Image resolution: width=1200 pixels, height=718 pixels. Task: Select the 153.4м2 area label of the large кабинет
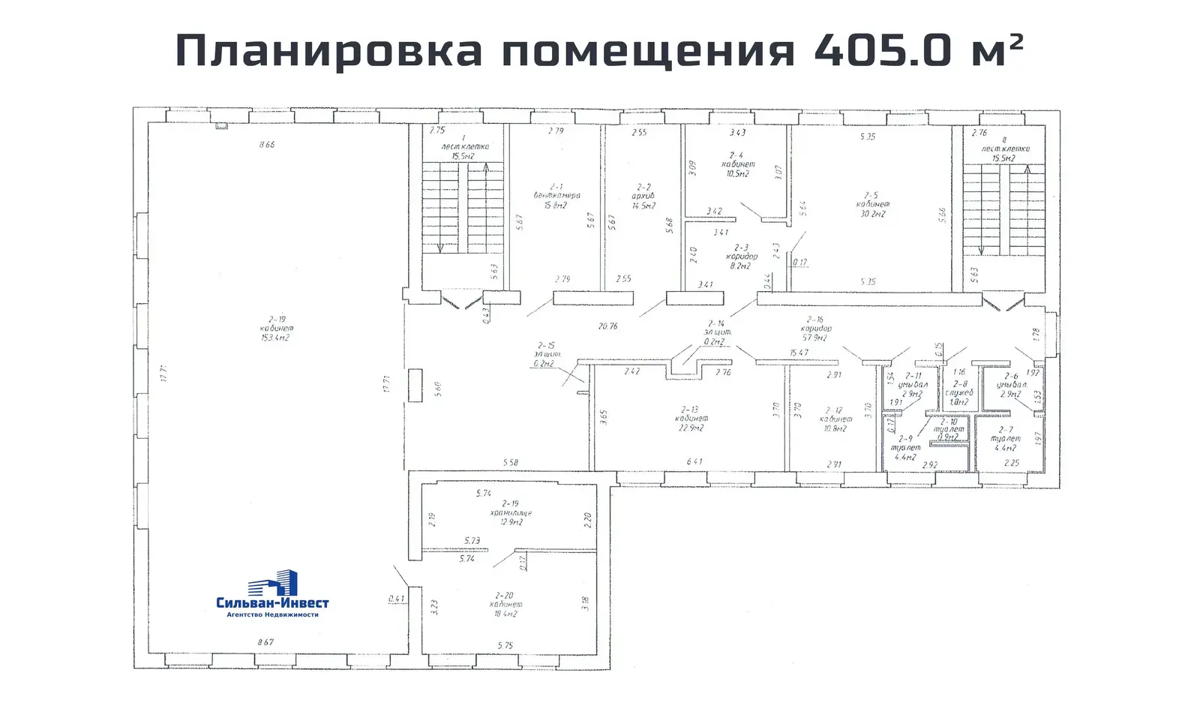(275, 338)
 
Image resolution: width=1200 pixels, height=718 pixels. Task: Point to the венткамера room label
(556, 196)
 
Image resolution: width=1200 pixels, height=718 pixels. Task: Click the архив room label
(643, 196)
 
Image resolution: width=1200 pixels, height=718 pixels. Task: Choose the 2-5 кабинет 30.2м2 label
(872, 204)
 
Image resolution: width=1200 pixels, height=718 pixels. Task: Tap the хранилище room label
(511, 513)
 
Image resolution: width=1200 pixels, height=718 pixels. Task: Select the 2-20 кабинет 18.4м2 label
(505, 604)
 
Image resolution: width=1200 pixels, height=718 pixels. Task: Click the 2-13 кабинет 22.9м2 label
(691, 419)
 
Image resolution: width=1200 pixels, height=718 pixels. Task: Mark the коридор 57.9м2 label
(815, 329)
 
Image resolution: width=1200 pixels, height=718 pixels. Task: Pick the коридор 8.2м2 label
(741, 256)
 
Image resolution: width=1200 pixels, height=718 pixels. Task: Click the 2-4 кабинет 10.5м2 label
(738, 164)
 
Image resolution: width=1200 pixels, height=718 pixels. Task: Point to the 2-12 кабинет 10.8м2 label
(835, 419)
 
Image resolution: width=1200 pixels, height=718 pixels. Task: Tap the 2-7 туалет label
(1005, 439)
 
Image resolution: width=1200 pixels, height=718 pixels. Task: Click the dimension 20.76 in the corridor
(608, 326)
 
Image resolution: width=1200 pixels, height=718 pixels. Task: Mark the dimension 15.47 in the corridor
(799, 353)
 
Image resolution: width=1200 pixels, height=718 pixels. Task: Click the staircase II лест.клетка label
(1005, 149)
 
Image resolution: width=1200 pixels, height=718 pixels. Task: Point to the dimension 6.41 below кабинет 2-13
(694, 461)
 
